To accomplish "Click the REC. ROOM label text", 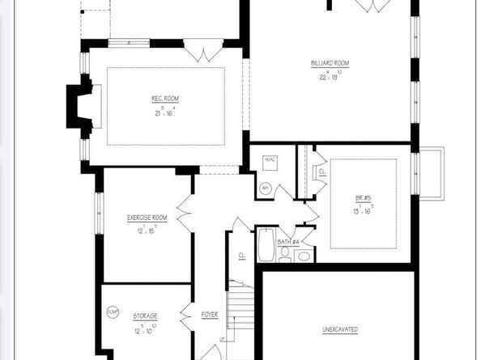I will [165, 99].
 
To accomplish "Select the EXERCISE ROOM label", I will [147, 218].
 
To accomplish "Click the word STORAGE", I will [146, 315].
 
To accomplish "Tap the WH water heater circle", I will [264, 188].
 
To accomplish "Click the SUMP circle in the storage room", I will [113, 311].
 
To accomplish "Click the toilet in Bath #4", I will [284, 255].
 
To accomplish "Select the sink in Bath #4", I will [304, 256].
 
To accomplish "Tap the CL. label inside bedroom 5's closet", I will [321, 172].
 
